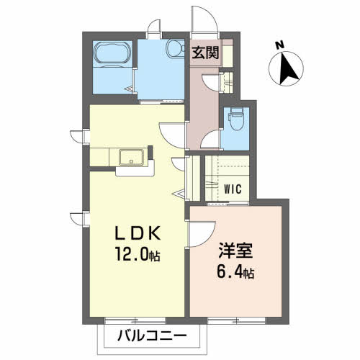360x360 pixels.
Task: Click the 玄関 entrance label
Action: tap(205, 53)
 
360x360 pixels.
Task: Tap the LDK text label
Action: tap(138, 233)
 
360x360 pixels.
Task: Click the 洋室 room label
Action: tap(235, 251)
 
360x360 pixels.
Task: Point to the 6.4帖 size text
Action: tap(235, 272)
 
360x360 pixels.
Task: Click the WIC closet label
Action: tap(233, 189)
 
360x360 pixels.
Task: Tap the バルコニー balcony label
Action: tap(152, 336)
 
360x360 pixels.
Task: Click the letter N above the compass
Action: tap(279, 45)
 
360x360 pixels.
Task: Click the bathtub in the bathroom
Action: tap(112, 53)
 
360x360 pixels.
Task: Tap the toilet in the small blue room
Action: tap(237, 119)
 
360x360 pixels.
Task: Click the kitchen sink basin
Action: tap(132, 157)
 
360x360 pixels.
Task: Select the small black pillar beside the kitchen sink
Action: tap(150, 152)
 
